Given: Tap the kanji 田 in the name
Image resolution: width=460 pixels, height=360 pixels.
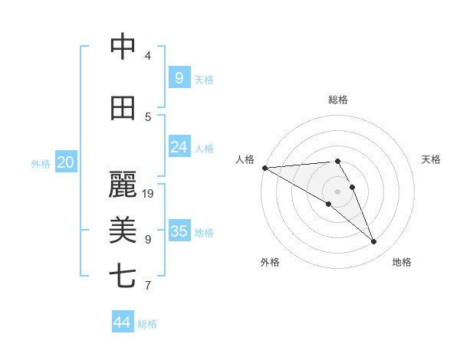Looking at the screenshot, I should coord(123,108).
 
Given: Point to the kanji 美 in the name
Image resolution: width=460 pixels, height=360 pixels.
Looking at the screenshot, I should coord(123,229).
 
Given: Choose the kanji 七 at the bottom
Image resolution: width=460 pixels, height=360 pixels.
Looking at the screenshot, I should coord(123,276).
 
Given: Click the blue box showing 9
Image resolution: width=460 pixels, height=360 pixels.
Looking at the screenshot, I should coord(179,77).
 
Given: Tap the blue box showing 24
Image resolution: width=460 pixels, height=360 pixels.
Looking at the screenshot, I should coord(179,147).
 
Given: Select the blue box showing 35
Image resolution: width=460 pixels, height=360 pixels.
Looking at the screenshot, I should coord(179,231).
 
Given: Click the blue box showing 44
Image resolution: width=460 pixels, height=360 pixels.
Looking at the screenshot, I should coord(122,322).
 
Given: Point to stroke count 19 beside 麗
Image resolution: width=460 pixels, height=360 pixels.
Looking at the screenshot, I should coord(149,193).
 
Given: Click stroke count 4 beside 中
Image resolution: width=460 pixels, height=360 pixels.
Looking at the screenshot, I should coord(148,56).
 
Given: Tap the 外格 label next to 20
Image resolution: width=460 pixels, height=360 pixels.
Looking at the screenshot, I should coord(41,163).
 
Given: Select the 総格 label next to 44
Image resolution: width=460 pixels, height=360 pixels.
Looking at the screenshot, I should coord(147,324).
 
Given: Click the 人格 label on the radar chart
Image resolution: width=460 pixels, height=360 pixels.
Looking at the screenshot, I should coord(245,159).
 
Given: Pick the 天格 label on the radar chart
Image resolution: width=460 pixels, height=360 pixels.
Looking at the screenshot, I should coord(431,159).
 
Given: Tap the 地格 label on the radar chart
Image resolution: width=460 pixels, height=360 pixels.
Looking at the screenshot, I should coord(402,262).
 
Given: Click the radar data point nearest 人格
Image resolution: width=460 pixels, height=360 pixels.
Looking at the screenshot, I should coord(264,167).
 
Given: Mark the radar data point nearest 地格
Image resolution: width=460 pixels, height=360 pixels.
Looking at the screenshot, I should coord(373,241).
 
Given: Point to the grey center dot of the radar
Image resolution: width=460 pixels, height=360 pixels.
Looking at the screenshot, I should coord(337,191).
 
